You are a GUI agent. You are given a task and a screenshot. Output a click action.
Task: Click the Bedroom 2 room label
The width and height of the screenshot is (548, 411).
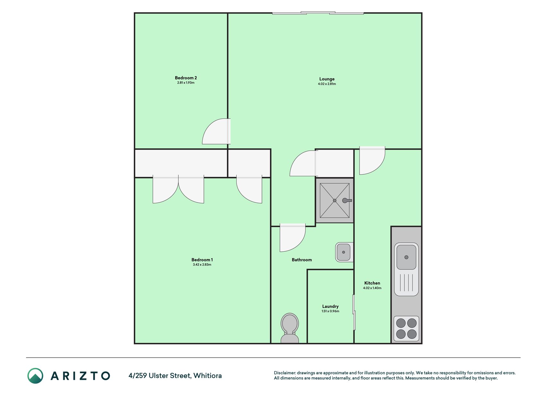click(x=186, y=78)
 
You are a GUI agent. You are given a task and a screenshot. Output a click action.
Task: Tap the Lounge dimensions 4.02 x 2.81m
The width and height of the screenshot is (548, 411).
click(x=327, y=84)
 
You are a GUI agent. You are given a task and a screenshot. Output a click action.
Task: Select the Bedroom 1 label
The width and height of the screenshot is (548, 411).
click(x=202, y=260)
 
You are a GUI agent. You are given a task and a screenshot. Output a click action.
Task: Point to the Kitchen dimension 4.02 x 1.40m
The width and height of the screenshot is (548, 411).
click(x=372, y=288)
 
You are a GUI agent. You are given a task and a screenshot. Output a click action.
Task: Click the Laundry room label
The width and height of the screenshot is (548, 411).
click(x=330, y=306)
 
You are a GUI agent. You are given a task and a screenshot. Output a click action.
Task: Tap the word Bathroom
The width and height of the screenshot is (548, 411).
click(x=302, y=260)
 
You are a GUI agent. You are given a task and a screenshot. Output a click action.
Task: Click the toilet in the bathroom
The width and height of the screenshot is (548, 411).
click(x=290, y=328)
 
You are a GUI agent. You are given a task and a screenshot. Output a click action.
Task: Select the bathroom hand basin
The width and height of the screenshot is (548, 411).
click(x=344, y=252)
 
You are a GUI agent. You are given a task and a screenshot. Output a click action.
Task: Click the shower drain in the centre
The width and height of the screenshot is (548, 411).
click(x=335, y=200)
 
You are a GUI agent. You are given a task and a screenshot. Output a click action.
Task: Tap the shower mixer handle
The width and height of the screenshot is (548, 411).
click(x=347, y=200)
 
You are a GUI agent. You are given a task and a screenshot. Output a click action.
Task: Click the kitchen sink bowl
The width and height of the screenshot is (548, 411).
click(x=406, y=257)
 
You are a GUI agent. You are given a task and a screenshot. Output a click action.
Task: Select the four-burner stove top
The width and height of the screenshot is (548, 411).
click(x=406, y=328)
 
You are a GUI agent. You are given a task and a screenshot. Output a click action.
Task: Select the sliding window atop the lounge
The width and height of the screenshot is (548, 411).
click(x=318, y=13)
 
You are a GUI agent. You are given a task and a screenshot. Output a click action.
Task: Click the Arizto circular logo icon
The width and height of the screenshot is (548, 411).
click(x=35, y=376)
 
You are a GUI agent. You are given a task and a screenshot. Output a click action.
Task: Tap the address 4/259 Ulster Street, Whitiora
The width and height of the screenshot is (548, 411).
click(x=175, y=376)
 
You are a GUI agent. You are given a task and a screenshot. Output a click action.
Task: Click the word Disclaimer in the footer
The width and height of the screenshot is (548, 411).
click(x=284, y=373)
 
